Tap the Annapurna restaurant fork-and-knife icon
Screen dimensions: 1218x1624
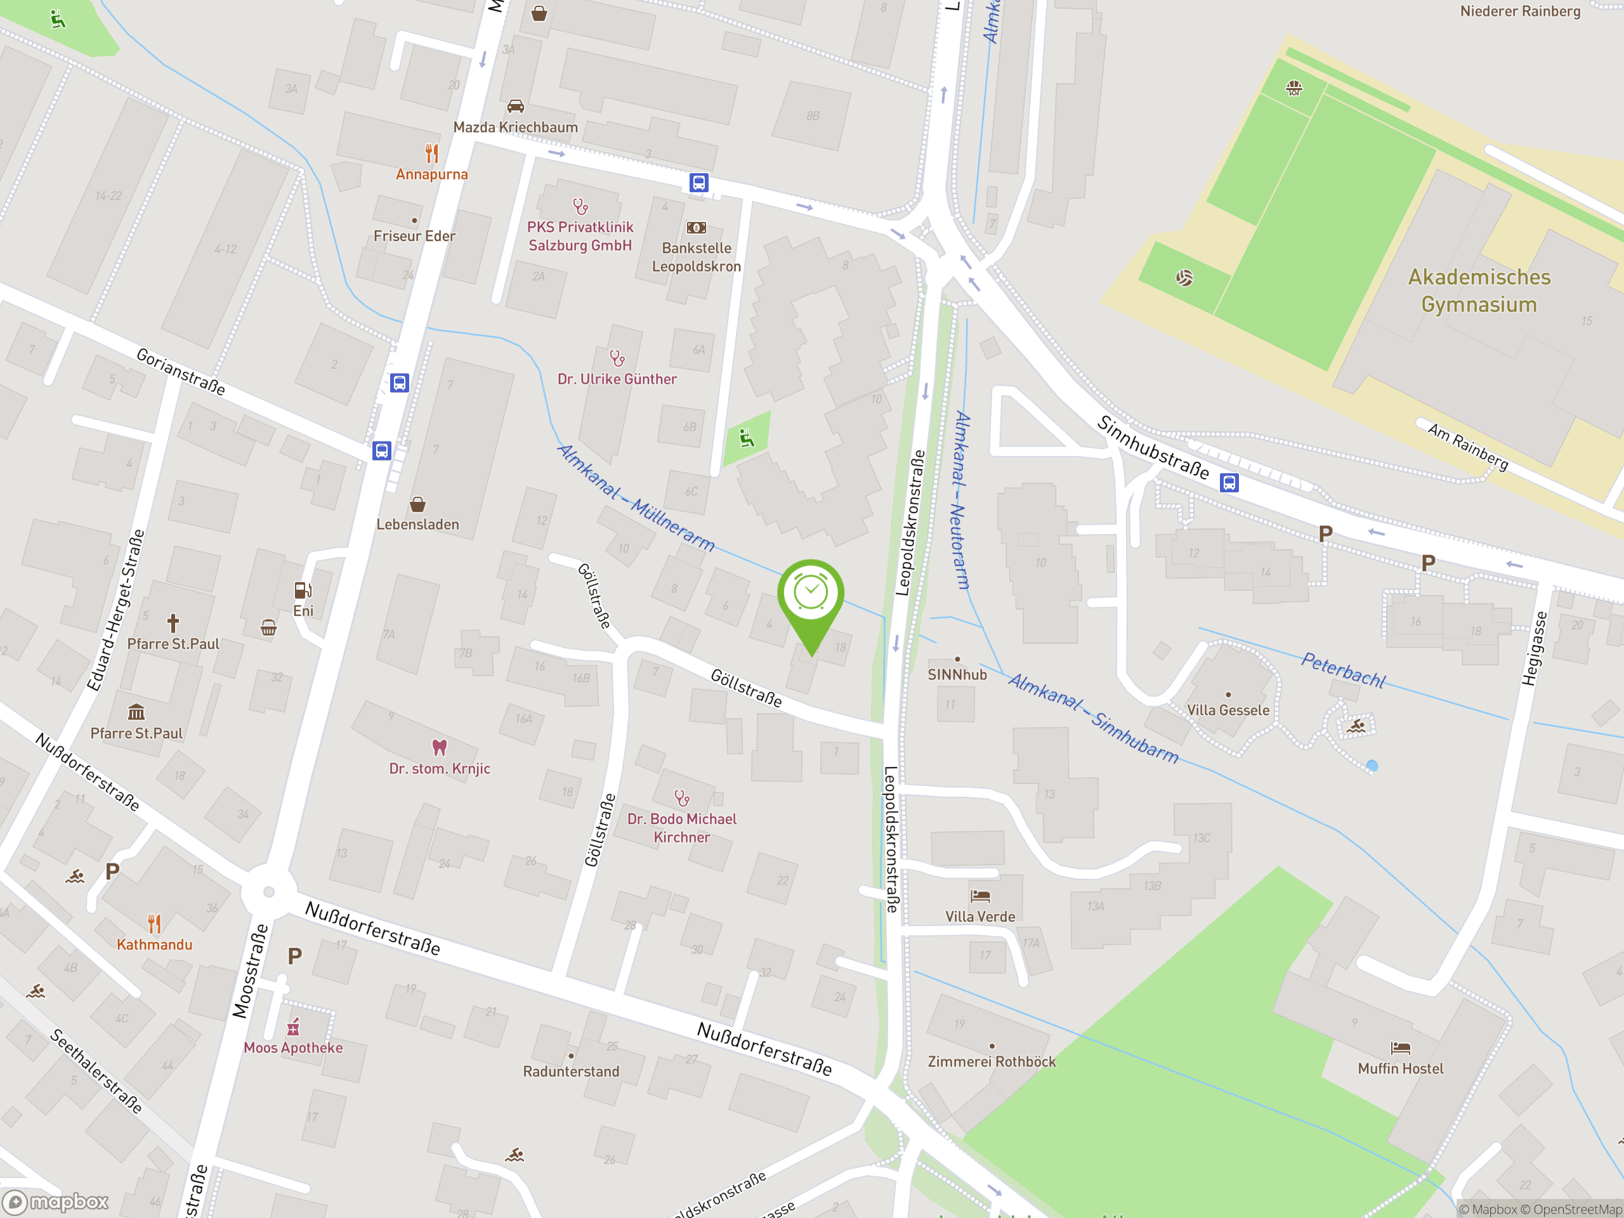pyautogui.click(x=432, y=154)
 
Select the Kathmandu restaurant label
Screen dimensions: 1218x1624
pyautogui.click(x=154, y=945)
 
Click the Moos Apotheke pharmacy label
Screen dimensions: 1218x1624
pyautogui.click(x=293, y=1048)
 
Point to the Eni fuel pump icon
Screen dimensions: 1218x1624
pyautogui.click(x=303, y=590)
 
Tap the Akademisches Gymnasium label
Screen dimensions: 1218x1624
pyautogui.click(x=1479, y=291)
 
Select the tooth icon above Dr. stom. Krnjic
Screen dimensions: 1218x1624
pyautogui.click(x=439, y=747)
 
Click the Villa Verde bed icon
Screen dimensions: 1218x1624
pyautogui.click(x=980, y=896)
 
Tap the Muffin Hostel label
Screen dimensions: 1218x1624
pyautogui.click(x=1400, y=1069)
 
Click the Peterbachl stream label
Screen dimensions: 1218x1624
pyautogui.click(x=1343, y=669)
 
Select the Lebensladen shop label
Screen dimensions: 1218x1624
pyautogui.click(x=418, y=524)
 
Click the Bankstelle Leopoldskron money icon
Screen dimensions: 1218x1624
pyautogui.click(x=696, y=228)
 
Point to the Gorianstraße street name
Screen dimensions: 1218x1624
pyautogui.click(x=181, y=372)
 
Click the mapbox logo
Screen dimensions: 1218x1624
pyautogui.click(x=56, y=1202)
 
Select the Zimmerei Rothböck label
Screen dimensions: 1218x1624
pyautogui.click(x=991, y=1061)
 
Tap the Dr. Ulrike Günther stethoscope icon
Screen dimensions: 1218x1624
pyautogui.click(x=617, y=358)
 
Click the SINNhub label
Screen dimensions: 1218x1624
pyautogui.click(x=957, y=675)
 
